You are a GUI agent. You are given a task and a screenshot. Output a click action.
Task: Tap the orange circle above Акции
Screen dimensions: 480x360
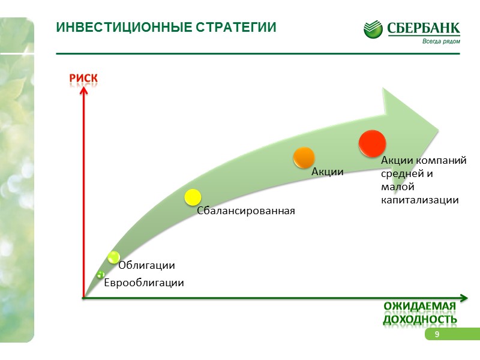[304, 157]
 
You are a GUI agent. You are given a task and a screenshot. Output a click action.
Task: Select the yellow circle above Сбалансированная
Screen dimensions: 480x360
[192, 197]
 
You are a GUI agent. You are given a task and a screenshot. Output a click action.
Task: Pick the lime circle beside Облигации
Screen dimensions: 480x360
[113, 257]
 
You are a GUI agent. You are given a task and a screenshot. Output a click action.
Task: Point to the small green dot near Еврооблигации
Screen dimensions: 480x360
[100, 275]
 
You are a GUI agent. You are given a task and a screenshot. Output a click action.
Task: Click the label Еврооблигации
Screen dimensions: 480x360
[144, 283]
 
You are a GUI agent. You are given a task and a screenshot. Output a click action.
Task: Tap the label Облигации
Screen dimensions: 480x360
[147, 265]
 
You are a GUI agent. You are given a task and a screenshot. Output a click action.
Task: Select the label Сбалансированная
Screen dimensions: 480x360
[247, 211]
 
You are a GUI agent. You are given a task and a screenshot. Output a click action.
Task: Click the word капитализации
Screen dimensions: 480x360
[420, 200]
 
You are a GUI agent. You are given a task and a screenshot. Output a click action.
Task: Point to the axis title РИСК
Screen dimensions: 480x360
[83, 79]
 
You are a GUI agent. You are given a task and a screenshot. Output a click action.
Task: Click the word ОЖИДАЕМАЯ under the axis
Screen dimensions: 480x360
[419, 307]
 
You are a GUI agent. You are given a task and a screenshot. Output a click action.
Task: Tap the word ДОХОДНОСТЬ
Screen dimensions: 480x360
[420, 319]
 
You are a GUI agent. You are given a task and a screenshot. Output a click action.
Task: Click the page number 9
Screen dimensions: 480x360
[437, 334]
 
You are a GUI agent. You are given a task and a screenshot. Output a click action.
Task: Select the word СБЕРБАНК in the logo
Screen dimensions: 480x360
[424, 28]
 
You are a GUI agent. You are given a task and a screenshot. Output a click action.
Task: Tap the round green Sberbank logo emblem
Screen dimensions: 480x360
[373, 29]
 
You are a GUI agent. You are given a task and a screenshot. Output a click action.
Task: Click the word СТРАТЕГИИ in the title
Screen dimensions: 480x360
[236, 28]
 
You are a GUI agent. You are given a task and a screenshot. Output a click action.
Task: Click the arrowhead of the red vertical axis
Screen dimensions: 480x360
[83, 90]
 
